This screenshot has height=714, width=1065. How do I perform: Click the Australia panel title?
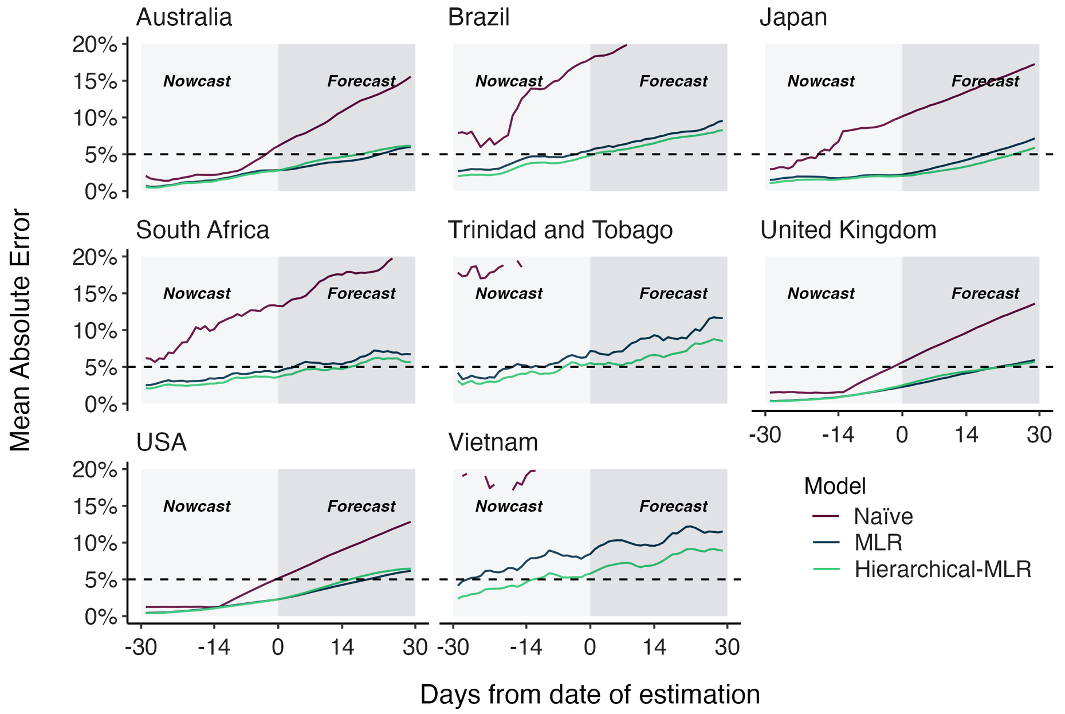click(x=184, y=17)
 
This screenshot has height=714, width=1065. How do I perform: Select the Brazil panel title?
click(x=478, y=17)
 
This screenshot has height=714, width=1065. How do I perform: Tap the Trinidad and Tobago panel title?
click(x=560, y=230)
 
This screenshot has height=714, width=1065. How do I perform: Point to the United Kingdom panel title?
click(x=848, y=230)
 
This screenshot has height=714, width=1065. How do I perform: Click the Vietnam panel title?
click(x=493, y=443)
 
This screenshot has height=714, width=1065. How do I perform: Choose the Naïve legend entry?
click(x=883, y=516)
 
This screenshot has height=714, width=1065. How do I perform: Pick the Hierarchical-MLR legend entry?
click(x=942, y=569)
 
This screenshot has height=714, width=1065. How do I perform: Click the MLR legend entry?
click(x=878, y=542)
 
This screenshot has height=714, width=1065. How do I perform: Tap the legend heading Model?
click(x=835, y=486)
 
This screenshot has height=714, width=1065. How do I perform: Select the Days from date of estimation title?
click(x=590, y=695)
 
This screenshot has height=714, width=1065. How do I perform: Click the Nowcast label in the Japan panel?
click(x=820, y=81)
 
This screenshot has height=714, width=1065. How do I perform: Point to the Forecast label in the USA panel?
click(x=361, y=507)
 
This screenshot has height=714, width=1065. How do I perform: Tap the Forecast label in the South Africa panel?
click(x=361, y=294)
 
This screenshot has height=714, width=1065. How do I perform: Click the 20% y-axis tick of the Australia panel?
click(x=95, y=44)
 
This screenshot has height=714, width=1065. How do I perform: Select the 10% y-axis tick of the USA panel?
click(x=95, y=543)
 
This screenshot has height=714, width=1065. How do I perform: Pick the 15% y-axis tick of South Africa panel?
click(x=95, y=293)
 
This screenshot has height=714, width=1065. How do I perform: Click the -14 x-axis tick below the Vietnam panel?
click(x=526, y=648)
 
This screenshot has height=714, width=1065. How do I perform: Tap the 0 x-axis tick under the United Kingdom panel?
click(x=902, y=435)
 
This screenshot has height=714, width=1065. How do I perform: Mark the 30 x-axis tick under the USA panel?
click(x=415, y=648)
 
